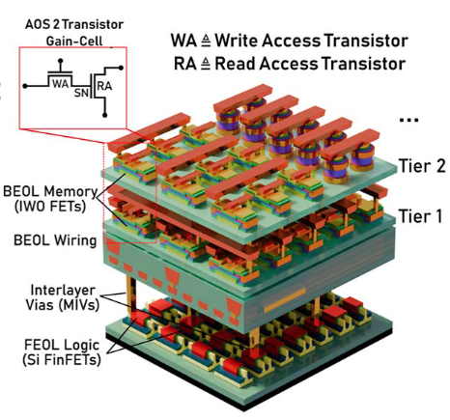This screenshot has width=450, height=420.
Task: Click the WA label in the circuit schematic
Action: click(61, 84)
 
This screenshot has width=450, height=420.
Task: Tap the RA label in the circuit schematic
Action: click(104, 86)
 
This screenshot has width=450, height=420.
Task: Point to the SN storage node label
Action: click(81, 93)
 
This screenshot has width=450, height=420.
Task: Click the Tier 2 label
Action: click(422, 166)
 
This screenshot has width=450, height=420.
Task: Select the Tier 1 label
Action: click(421, 216)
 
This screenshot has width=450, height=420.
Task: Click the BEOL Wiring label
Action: click(55, 240)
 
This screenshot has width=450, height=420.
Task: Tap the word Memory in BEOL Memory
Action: click(71, 192)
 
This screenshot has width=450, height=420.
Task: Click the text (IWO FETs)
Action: click(50, 206)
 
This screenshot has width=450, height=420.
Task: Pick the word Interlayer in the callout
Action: click(63, 291)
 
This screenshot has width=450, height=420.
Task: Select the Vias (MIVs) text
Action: click(62, 305)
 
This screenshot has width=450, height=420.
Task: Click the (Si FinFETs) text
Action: click(62, 359)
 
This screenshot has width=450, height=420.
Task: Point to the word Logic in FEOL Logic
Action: click(82, 346)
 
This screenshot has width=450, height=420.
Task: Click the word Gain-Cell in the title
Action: click(74, 42)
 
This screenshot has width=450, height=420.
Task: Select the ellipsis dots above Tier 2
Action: click(408, 120)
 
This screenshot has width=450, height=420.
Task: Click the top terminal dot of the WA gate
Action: click(60, 61)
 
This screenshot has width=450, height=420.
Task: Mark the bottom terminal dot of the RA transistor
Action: click(104, 115)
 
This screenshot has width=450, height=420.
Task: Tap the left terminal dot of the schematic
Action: click(25, 86)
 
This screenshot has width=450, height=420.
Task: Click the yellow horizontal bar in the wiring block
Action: click(285, 300)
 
